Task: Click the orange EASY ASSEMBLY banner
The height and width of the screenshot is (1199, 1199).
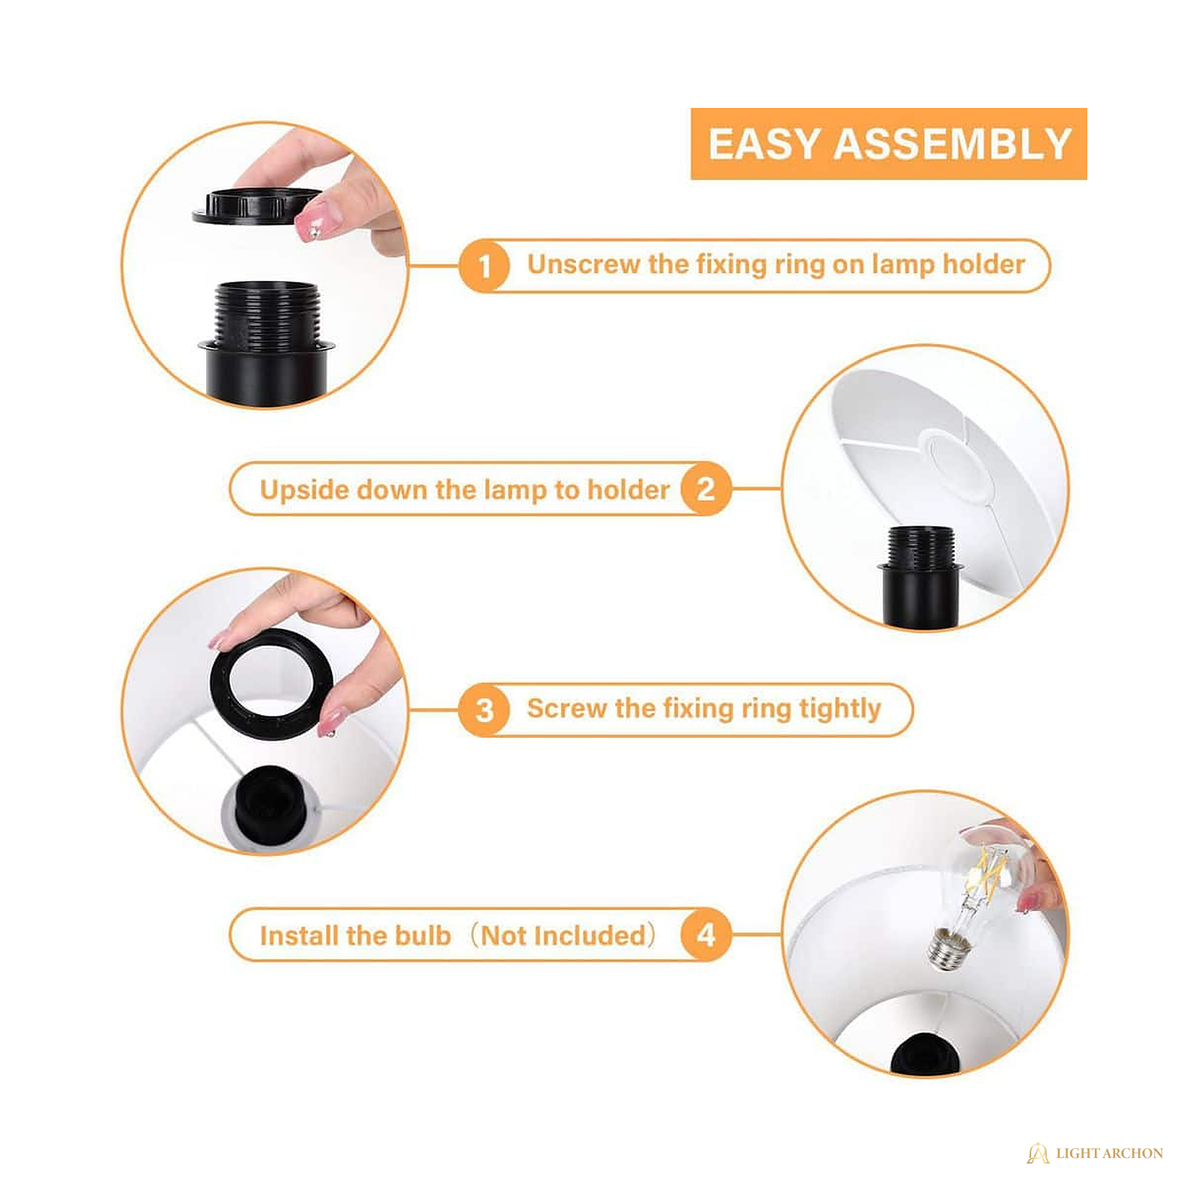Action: click(x=888, y=144)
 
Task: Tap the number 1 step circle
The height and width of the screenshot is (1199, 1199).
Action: click(x=485, y=265)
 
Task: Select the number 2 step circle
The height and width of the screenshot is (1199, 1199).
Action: click(x=705, y=489)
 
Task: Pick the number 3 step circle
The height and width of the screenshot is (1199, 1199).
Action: click(x=485, y=710)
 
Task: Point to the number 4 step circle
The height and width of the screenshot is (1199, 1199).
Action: click(x=705, y=934)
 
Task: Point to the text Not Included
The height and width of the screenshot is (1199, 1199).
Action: click(x=563, y=935)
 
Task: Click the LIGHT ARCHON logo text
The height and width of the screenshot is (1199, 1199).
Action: click(x=1109, y=1153)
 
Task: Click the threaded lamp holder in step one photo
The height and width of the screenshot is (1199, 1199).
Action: click(x=266, y=341)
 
